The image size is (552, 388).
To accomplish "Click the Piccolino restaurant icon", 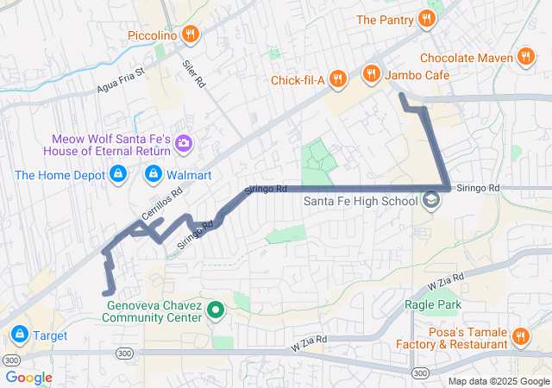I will [191, 35].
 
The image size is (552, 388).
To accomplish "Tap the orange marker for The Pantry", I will [425, 19].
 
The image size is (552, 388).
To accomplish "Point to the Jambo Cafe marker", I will [373, 75].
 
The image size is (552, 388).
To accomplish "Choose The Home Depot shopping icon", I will [118, 175].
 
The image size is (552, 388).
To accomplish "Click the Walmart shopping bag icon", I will [154, 175].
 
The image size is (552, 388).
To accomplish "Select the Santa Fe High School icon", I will [430, 202].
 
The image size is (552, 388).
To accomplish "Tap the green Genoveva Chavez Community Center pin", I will [216, 310].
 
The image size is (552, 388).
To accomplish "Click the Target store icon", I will [19, 333].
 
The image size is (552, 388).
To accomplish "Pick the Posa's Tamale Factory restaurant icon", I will [520, 337].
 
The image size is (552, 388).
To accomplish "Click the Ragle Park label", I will [433, 304].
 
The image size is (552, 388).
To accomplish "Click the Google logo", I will [28, 378].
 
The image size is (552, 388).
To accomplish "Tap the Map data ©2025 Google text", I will [499, 381].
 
